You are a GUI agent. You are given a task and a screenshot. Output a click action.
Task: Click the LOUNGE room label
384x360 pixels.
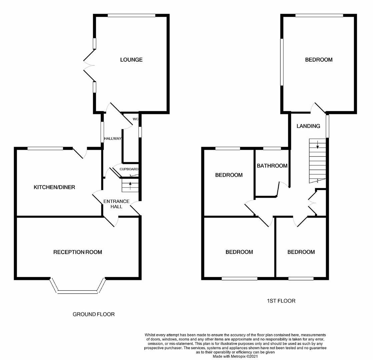click(x=131, y=60)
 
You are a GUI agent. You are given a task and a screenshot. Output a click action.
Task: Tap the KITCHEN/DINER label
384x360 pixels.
click(x=54, y=187)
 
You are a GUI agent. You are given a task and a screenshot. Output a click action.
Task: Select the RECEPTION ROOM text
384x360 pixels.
click(x=78, y=252)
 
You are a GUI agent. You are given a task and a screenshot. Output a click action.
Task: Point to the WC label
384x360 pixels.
click(x=135, y=119)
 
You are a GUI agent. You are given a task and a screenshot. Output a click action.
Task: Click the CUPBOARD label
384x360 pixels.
click(x=129, y=169)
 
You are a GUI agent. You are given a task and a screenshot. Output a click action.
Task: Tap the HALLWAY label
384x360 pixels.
click(x=113, y=139)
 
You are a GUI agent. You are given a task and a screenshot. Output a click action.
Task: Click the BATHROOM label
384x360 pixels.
click(x=272, y=166)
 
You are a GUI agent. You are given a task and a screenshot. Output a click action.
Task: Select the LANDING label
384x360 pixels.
click(x=308, y=126)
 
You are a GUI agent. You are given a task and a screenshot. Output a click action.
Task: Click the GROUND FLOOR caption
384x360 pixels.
click(x=94, y=314)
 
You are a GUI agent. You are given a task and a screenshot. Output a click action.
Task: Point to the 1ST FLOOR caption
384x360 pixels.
click(x=281, y=301)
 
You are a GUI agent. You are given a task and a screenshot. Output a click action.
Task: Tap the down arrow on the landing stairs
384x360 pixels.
click(x=317, y=144)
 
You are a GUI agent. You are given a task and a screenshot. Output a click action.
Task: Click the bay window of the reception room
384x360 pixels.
click(x=78, y=292)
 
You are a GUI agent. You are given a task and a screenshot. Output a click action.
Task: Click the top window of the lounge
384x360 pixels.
click(x=132, y=15)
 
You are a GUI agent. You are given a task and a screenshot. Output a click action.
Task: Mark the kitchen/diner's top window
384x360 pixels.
click(x=45, y=148)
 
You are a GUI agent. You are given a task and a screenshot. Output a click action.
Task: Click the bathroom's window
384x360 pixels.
click(x=272, y=148)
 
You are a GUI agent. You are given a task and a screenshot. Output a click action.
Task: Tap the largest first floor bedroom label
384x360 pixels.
click(x=319, y=60)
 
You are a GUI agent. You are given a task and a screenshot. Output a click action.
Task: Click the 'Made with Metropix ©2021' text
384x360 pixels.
click(x=235, y=356)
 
